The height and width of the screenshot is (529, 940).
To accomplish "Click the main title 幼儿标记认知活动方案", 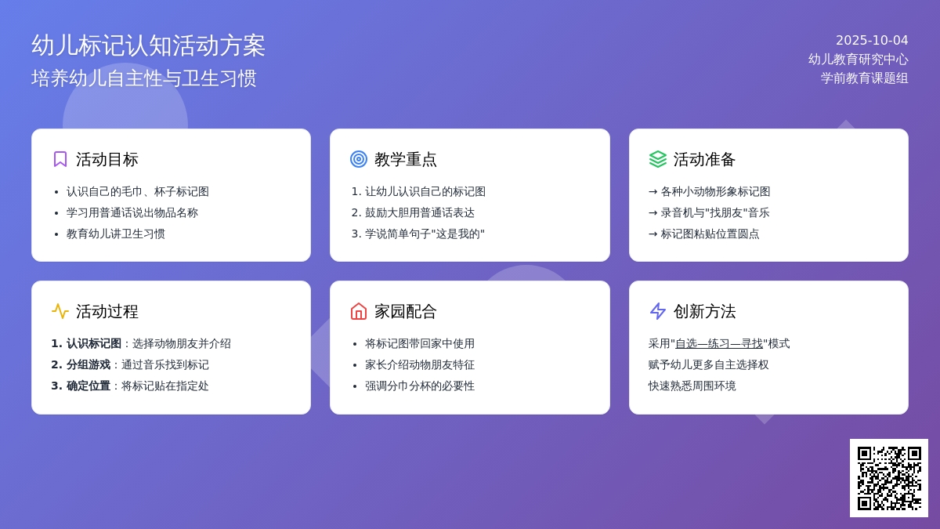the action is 148,45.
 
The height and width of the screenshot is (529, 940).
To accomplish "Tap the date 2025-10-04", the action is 872,40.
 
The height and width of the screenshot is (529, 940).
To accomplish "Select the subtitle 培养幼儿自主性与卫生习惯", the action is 144,78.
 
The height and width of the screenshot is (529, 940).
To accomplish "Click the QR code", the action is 889,478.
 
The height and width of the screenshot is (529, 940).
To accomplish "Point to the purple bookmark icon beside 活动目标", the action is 60,160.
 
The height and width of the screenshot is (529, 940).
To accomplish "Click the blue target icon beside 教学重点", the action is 359,160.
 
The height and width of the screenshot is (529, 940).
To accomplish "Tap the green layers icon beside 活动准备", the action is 657,160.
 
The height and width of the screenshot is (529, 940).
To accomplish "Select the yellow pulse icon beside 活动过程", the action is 60,312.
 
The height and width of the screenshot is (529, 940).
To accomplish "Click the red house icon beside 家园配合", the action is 359,312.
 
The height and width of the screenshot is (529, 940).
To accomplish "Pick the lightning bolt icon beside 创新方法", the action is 657,312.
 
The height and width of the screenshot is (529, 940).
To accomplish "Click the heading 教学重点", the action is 406,160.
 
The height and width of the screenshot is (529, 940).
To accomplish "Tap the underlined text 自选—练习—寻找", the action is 719,344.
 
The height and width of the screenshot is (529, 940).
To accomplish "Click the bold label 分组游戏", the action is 88,365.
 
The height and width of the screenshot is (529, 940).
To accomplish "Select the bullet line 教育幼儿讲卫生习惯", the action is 115,234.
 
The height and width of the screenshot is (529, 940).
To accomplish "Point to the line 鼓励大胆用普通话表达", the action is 420,213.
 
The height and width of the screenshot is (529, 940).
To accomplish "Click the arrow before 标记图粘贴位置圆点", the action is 653,234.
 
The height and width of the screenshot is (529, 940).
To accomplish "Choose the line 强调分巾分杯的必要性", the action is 420,386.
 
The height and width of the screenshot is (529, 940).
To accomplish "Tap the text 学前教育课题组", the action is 865,78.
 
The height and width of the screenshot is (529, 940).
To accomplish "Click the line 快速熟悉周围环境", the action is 692,386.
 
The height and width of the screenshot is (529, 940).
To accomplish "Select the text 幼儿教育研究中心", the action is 859,60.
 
